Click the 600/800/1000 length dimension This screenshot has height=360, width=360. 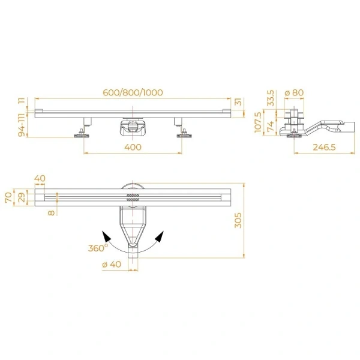click(x=132, y=92)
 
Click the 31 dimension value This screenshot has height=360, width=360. click(x=238, y=103)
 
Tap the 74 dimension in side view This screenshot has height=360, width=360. click(x=271, y=125)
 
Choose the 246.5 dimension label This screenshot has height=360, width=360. click(x=323, y=147)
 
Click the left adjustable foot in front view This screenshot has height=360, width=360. click(x=82, y=133)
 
